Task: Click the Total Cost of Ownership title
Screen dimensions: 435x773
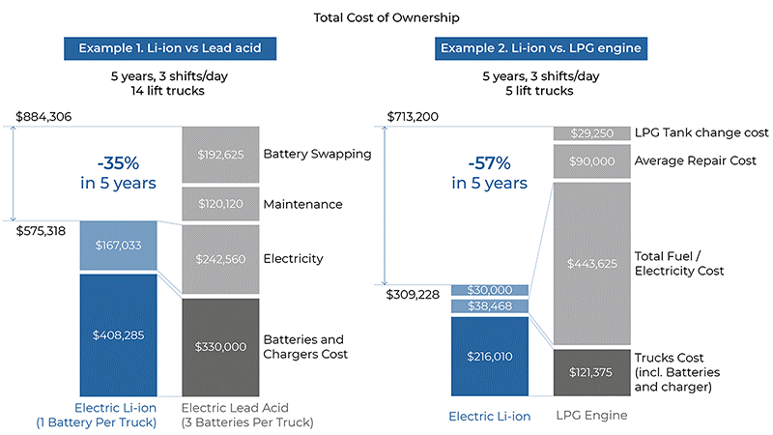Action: (x=386, y=16)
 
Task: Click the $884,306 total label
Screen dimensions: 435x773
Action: (x=44, y=117)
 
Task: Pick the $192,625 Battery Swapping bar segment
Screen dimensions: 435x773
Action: (x=220, y=154)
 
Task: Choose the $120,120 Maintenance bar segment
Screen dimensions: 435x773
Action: (x=220, y=204)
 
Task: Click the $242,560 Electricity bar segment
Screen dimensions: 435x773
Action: (x=220, y=259)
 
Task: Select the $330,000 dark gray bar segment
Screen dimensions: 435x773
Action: (x=220, y=345)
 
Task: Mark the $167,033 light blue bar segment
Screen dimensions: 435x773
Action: (x=118, y=246)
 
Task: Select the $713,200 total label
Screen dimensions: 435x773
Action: (x=412, y=117)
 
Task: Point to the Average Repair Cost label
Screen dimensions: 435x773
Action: (x=696, y=160)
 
